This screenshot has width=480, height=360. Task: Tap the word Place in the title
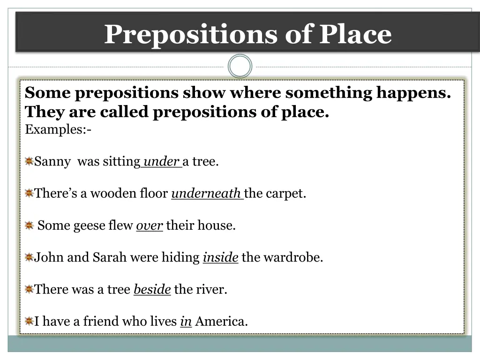(x=356, y=34)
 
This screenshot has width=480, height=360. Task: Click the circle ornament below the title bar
(x=240, y=66)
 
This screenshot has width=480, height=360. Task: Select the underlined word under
(x=161, y=162)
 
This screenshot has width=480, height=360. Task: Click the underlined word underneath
(x=206, y=194)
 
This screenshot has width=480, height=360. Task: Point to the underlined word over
(x=149, y=225)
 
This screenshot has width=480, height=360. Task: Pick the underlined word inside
(x=220, y=257)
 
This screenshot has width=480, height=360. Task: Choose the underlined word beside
(x=152, y=289)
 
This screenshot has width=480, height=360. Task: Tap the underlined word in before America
(x=186, y=322)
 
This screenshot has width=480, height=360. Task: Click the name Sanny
(x=52, y=162)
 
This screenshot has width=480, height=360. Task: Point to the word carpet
(x=285, y=194)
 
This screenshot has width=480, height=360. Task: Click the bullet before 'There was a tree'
(x=29, y=289)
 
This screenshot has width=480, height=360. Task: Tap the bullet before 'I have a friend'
(x=29, y=322)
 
